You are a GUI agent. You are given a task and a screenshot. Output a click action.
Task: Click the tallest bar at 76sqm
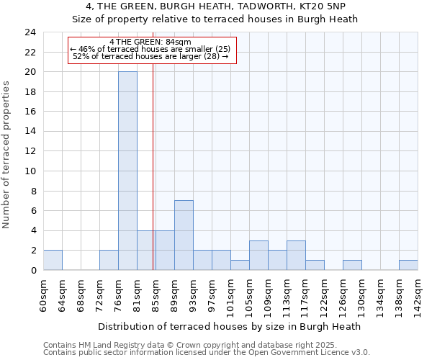(127, 171)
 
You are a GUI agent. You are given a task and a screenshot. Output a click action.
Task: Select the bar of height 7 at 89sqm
(184, 235)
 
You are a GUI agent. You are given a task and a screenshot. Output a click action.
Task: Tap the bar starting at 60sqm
(53, 260)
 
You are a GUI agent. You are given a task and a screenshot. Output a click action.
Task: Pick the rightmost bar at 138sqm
(408, 265)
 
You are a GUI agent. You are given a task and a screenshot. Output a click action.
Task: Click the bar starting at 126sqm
(352, 265)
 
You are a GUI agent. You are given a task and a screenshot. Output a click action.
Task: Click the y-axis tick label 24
(30, 32)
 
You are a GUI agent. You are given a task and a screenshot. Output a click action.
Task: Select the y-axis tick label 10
(30, 171)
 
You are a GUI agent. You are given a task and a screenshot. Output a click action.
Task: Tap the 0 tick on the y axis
(32, 270)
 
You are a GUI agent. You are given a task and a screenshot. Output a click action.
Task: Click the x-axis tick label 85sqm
(156, 293)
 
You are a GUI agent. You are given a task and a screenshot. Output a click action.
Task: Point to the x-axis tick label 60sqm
(43, 293)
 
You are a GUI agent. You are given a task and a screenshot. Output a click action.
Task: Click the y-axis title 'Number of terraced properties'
(7, 155)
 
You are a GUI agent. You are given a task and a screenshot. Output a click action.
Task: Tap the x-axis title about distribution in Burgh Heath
(230, 326)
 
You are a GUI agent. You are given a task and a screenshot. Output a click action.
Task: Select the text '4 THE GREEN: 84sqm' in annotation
(150, 42)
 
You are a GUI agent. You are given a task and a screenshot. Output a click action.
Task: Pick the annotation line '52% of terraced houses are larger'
(150, 56)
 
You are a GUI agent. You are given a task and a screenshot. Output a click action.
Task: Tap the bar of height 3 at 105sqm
(258, 255)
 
